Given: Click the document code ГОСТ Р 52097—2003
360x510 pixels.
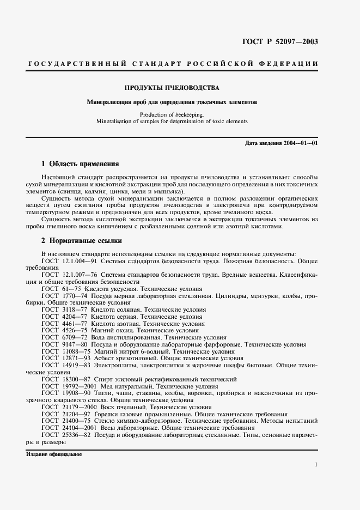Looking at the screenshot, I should pyautogui.click(x=280, y=42).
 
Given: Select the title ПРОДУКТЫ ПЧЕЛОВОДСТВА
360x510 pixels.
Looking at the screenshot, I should pyautogui.click(x=172, y=88).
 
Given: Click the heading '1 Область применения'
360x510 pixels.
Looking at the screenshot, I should pyautogui.click(x=80, y=163).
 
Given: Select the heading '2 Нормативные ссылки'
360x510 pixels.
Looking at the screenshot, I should pyautogui.click(x=82, y=240).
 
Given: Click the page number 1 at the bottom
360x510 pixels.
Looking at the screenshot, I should pyautogui.click(x=316, y=464).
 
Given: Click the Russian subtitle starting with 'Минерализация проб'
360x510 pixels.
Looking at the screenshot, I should pyautogui.click(x=172, y=102).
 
